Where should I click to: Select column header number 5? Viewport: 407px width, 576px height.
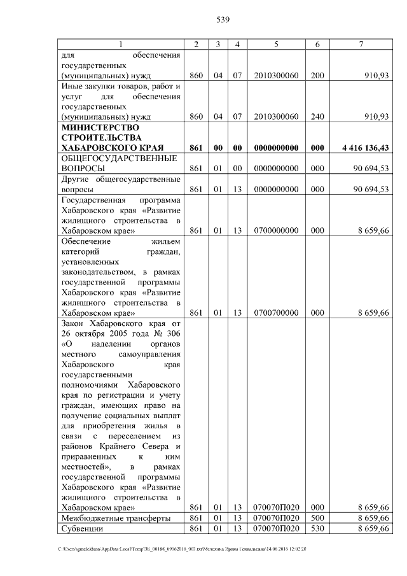pos(276,44)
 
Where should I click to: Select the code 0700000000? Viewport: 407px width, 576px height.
pos(276,230)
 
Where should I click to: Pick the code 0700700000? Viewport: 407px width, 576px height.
pos(276,313)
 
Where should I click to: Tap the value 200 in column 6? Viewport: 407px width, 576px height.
pos(317,76)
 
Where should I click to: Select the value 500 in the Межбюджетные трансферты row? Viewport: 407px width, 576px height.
pos(317,518)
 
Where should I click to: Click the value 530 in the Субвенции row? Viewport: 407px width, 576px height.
pos(317,528)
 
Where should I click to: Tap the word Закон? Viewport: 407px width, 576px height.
pos(72,323)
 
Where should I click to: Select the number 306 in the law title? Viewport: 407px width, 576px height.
pos(172,334)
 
